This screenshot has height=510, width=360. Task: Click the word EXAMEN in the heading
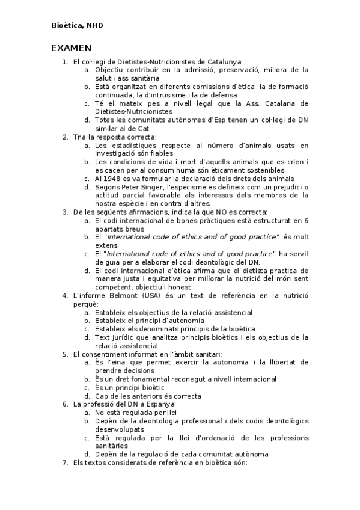click(x=71, y=48)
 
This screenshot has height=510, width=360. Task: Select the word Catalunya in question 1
click(x=224, y=61)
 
